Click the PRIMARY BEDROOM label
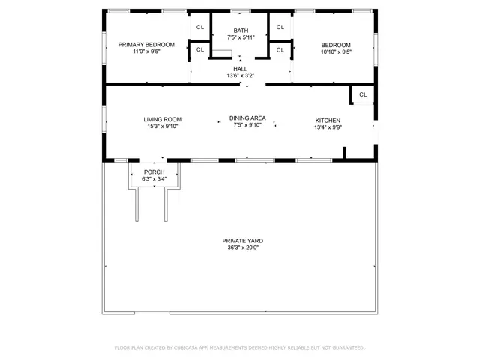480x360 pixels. coord(146,45)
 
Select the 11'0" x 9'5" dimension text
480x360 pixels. coord(146,52)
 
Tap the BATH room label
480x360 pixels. coord(240,31)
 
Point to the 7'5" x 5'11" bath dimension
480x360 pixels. coord(240,37)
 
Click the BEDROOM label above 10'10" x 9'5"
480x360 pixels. coord(335,45)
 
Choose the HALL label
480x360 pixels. coord(240,68)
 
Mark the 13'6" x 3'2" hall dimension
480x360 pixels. coord(240,76)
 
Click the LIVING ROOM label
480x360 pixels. coord(163,119)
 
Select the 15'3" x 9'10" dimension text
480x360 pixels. coord(163,127)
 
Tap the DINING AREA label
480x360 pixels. coord(247,118)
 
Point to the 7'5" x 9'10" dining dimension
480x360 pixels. coord(247,126)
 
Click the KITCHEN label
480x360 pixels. coord(328,120)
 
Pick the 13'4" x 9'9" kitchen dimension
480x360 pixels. coord(328,127)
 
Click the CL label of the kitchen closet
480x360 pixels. coord(363,94)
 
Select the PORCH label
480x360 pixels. coord(154,172)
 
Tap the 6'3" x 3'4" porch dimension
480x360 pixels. coord(154,179)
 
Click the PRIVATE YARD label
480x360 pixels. coord(242,241)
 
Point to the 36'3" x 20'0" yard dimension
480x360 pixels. coord(242,248)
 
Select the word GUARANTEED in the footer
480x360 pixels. coord(347,348)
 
